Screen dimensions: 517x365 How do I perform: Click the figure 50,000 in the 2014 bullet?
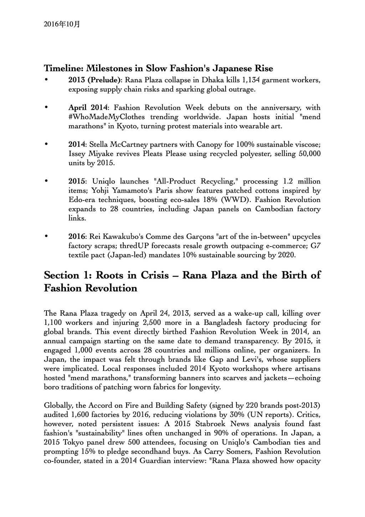[x=308, y=154]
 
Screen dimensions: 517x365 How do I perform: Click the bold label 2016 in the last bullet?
[x=76, y=237]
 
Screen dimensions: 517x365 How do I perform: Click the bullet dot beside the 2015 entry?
[x=46, y=181]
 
